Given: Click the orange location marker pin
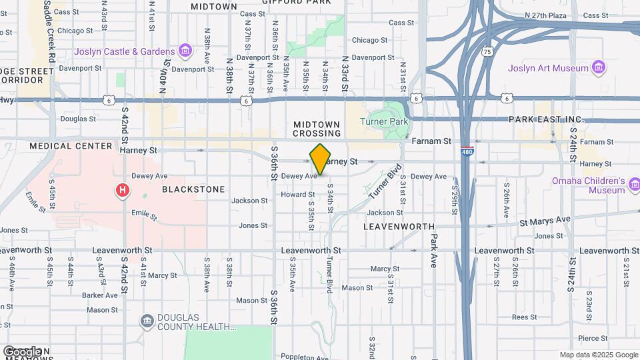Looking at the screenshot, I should point(321,159).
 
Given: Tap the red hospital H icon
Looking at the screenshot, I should point(123,191).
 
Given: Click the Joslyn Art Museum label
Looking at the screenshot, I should point(548,68).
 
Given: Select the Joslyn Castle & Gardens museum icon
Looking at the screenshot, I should point(185,51).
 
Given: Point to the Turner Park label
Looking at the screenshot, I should point(383,122).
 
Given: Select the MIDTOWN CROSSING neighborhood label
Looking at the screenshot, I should point(317,129).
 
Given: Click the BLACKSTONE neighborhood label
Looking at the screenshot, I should point(194,189).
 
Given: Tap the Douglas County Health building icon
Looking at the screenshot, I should point(146,322).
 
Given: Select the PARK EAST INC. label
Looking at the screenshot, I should point(545,119).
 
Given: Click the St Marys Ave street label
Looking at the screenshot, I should point(545,219).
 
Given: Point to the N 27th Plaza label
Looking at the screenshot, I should point(545,15).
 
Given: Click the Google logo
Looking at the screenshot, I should point(22,351).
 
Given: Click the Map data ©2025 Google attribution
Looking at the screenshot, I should point(599,355).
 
